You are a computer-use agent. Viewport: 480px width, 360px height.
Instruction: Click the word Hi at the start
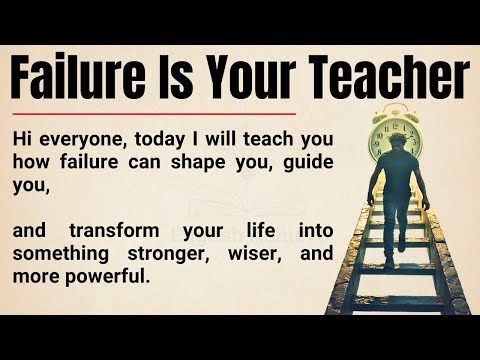(x=23, y=138)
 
